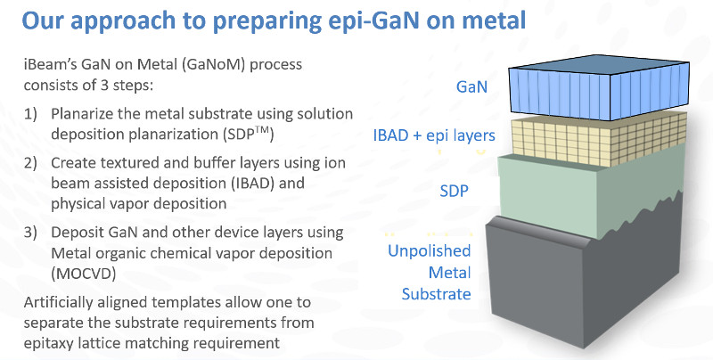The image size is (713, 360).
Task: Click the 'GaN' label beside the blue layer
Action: (x=471, y=86)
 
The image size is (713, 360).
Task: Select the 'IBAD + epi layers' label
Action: (x=434, y=135)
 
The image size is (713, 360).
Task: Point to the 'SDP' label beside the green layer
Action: (x=454, y=191)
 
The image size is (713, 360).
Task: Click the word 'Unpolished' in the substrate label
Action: (x=429, y=251)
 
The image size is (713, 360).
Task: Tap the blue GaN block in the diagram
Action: (x=598, y=87)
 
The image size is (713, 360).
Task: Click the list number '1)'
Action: (x=30, y=114)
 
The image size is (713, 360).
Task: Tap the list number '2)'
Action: (x=30, y=163)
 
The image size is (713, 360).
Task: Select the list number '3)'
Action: (x=30, y=233)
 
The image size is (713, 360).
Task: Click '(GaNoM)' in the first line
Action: (x=214, y=64)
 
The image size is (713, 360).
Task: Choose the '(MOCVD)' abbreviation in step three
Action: (x=83, y=274)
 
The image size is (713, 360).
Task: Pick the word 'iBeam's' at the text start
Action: (x=50, y=64)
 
